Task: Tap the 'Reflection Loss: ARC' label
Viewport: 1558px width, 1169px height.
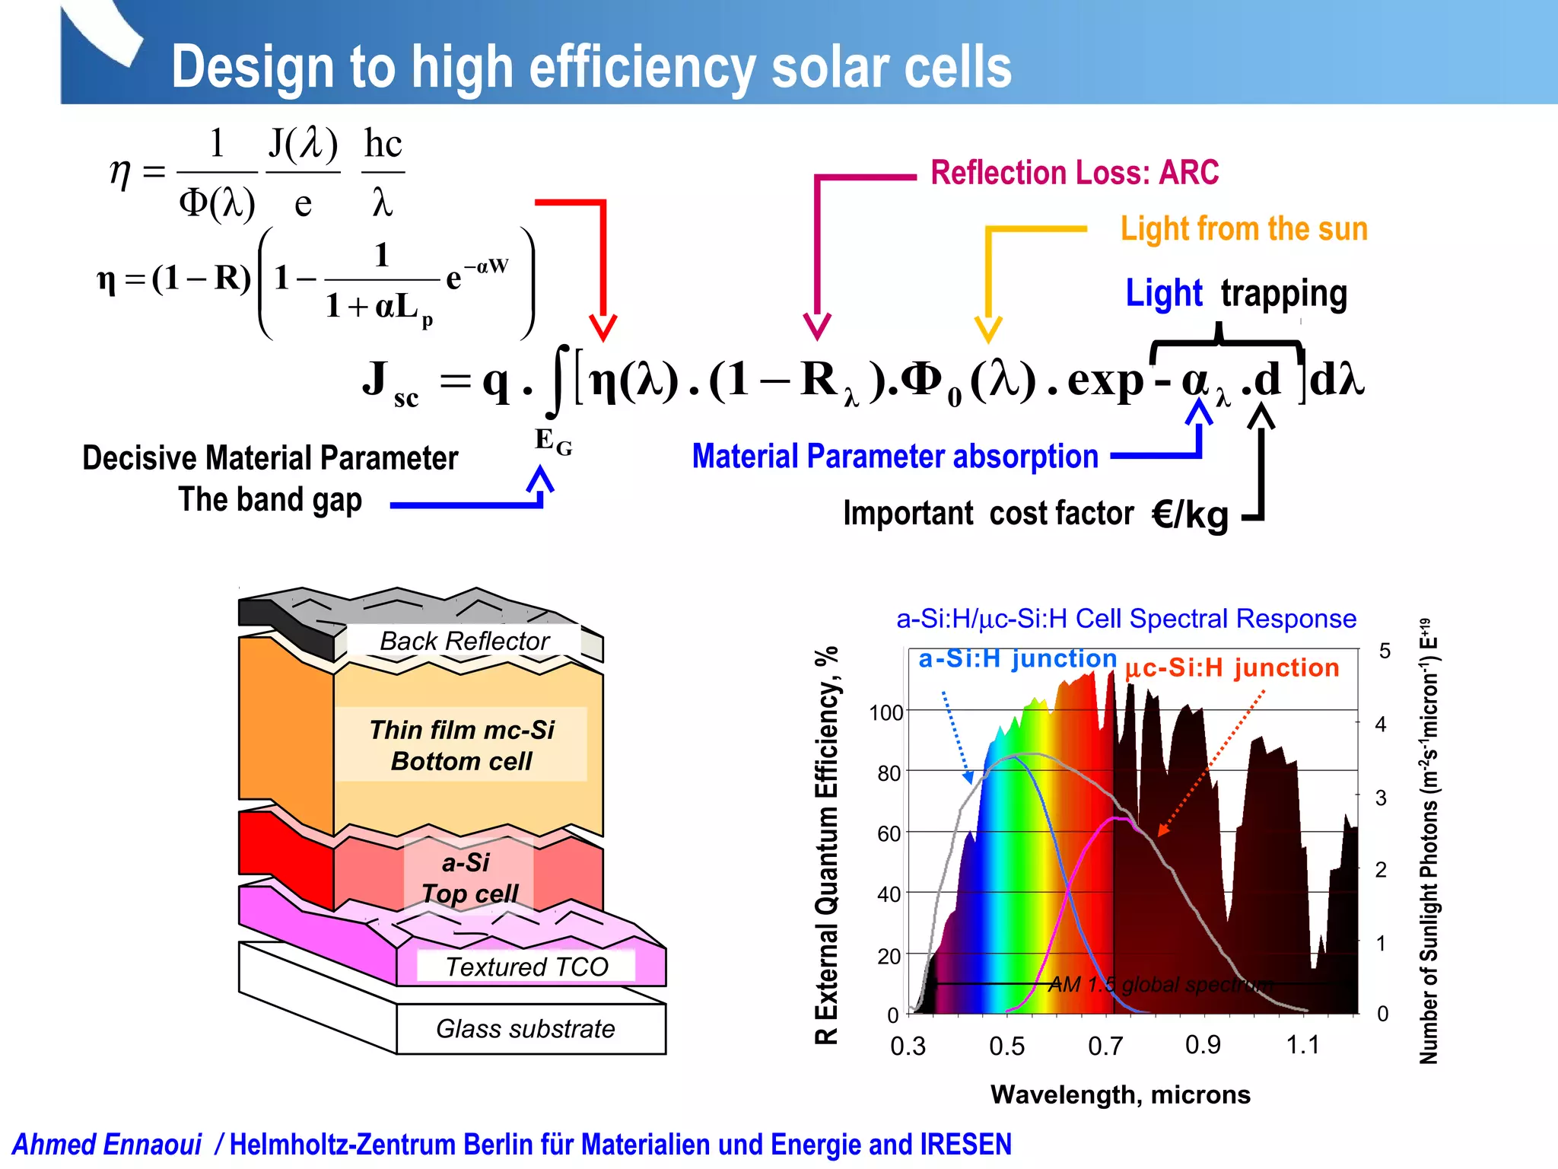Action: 1074,173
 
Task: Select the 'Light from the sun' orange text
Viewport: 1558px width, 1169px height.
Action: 1244,229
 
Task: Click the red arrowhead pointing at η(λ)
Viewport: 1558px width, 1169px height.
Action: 603,327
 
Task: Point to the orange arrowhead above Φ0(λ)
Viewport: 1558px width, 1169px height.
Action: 988,330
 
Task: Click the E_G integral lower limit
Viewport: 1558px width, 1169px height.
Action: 553,441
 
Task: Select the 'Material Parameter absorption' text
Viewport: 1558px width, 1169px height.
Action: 895,457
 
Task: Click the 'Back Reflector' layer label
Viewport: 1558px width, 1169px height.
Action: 464,641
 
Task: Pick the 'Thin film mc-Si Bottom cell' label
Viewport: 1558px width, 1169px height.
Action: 462,745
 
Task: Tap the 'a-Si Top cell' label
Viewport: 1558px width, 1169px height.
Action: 468,878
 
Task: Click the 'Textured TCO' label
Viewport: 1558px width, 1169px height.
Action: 526,967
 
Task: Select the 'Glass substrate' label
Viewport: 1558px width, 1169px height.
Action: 525,1029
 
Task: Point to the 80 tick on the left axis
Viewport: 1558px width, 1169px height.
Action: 889,773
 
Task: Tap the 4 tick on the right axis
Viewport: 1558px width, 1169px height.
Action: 1381,724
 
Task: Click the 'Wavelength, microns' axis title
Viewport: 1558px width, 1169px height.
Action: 1120,1094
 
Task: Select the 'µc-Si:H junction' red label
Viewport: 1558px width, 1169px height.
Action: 1232,667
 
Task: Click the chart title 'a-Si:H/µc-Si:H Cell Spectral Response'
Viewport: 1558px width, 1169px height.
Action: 1126,619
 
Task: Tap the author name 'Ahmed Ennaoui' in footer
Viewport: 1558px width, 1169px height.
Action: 107,1145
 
